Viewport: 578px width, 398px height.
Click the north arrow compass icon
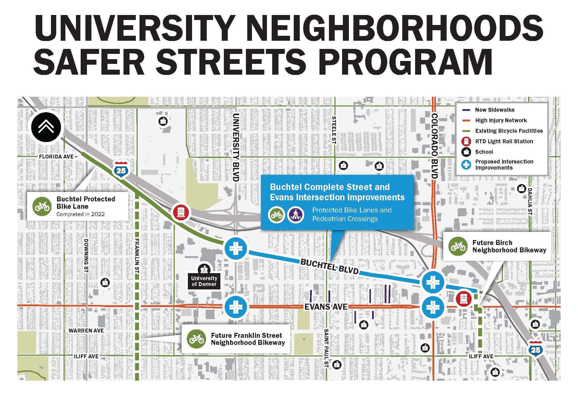click(x=46, y=127)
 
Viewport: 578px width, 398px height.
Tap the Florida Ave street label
click(x=56, y=157)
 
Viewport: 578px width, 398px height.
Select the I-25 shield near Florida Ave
click(x=121, y=170)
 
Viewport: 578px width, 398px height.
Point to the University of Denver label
click(x=204, y=281)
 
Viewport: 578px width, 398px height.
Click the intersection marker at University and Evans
click(x=236, y=307)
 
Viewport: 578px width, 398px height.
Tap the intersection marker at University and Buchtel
click(x=236, y=248)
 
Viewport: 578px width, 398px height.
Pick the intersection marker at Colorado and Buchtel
click(x=433, y=282)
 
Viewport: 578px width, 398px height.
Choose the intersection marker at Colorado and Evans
click(x=433, y=307)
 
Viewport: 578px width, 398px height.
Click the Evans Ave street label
click(x=326, y=307)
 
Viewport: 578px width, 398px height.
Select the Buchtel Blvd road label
click(x=329, y=266)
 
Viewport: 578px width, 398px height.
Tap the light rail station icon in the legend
click(x=466, y=142)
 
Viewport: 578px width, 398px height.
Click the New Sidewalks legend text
click(x=494, y=110)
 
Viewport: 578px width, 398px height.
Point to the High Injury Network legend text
click(x=501, y=120)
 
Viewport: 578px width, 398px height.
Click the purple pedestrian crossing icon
click(x=296, y=215)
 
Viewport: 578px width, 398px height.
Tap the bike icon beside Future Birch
click(x=458, y=246)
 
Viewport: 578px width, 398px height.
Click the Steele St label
click(x=334, y=130)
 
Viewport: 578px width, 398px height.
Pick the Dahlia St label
click(x=530, y=201)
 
